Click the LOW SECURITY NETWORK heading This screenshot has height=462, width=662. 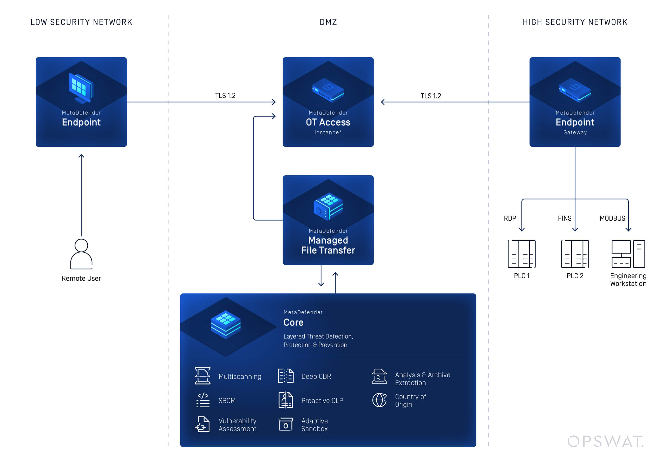pos(81,22)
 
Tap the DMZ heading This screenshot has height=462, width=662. pos(328,22)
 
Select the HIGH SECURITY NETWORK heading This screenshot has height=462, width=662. pos(575,22)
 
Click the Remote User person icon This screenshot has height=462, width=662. pos(81,254)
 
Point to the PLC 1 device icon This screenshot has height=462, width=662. pos(522,254)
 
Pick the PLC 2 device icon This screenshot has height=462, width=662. pos(575,254)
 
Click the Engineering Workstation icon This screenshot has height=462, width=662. pos(628,254)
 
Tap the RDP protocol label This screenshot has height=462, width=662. pos(510,219)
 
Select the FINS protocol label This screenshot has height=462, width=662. pos(564,219)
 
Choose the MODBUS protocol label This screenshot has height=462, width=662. pos(612,219)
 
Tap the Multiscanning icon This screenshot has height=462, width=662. pos(202,376)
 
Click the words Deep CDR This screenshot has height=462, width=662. pos(316,376)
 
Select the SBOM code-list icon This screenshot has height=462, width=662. pos(203,400)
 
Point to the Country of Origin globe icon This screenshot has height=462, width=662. pos(379,400)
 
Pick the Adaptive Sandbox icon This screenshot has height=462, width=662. pos(285,424)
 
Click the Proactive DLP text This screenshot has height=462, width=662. pos(322,401)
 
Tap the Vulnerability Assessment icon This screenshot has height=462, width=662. pos(202,424)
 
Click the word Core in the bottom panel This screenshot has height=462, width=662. pos(293,322)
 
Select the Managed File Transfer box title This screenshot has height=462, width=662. pos(328,245)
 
